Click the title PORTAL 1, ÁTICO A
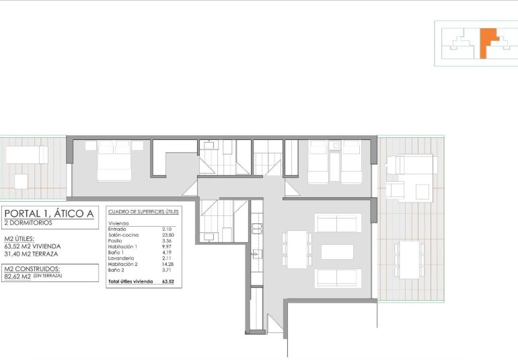50,215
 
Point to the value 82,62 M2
17,276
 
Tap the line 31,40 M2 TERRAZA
31,254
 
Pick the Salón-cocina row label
124,234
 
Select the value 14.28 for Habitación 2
169,264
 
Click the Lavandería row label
121,259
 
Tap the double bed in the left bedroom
114,161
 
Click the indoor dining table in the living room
296,252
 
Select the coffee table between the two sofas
337,252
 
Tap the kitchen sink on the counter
256,254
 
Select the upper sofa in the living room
338,223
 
